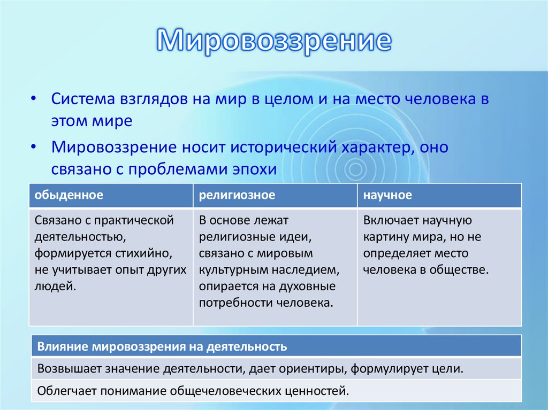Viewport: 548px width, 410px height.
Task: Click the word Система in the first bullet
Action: tap(83, 99)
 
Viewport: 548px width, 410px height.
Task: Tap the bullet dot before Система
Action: tap(33, 99)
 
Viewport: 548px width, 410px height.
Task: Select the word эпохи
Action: tap(254, 169)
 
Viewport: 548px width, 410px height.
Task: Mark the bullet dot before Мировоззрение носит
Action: tap(33, 147)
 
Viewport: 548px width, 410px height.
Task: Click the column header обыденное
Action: tap(69, 195)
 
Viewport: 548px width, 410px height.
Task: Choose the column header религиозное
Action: tap(237, 195)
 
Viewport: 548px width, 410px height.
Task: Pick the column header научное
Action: tap(387, 195)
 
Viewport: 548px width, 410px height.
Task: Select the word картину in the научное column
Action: tap(386, 237)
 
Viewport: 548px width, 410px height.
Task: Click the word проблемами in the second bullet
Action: tap(178, 169)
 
